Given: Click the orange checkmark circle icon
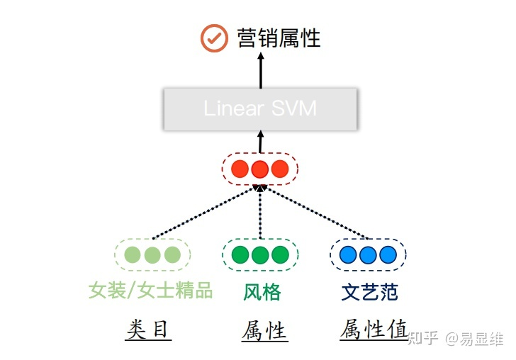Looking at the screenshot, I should (213, 38).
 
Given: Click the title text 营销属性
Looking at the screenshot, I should (279, 38).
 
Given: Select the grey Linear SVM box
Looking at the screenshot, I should (259, 108).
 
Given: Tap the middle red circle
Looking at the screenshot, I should (260, 169).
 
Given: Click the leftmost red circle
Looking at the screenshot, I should (240, 169).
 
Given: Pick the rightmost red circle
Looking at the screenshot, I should (280, 169).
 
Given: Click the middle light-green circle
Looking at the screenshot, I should (152, 254).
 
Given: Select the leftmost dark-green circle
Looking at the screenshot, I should (240, 254).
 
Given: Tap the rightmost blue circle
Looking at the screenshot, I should (387, 254).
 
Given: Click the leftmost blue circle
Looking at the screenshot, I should (348, 254).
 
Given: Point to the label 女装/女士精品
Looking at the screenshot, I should (150, 291).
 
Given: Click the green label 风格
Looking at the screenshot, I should (262, 291).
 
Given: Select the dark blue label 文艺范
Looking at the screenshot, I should (369, 291).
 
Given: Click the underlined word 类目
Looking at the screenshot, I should (149, 330).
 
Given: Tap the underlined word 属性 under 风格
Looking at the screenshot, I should (264, 330).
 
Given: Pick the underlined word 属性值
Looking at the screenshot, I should (374, 330).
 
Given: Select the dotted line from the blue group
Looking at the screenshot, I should (315, 213).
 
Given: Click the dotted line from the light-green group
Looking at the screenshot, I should (206, 213).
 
